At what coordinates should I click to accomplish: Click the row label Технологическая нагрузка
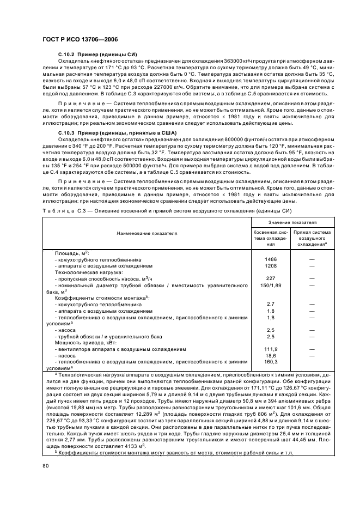tap(89, 271)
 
